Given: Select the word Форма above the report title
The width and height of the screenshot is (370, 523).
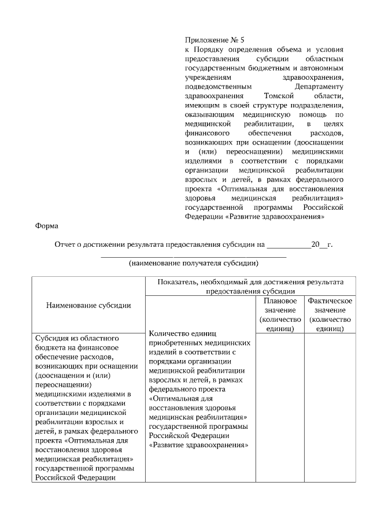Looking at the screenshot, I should pyautogui.click(x=47, y=227).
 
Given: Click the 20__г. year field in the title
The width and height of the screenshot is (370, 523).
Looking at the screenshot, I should pyautogui.click(x=322, y=244).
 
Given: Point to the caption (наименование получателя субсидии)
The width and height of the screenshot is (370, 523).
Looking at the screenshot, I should pyautogui.click(x=193, y=263).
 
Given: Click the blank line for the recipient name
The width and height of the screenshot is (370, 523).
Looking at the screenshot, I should pyautogui.click(x=193, y=255).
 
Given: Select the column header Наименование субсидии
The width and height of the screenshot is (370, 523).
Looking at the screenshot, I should pyautogui.click(x=88, y=305).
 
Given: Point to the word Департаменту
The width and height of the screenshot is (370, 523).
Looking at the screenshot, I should pyautogui.click(x=319, y=87).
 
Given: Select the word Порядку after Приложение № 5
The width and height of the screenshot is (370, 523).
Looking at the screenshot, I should pyautogui.click(x=206, y=50).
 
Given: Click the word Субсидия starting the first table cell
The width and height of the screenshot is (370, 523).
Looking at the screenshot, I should pyautogui.click(x=52, y=337).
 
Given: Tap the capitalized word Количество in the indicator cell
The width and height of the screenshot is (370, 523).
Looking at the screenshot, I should pyautogui.click(x=169, y=333).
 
